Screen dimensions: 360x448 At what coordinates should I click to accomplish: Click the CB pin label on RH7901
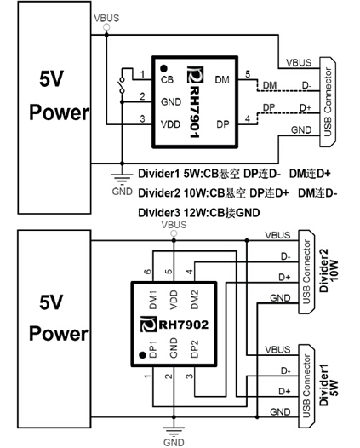point(167,79)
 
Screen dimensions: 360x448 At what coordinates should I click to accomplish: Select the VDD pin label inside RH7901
point(170,124)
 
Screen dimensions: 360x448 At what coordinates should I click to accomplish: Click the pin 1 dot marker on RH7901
point(163,68)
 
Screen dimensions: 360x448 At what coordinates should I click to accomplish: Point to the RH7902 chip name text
point(183,325)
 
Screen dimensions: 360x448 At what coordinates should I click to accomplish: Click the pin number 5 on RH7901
point(248,74)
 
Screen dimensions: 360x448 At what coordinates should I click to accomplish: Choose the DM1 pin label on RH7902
point(153,300)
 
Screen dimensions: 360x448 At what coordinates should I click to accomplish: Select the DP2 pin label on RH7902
point(194,348)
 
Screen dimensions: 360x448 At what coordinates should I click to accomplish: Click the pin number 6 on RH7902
point(147,271)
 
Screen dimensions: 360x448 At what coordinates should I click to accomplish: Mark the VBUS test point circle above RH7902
point(174,233)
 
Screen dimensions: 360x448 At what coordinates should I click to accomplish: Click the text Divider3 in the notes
point(159,213)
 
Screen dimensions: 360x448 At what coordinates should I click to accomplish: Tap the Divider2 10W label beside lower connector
point(329,271)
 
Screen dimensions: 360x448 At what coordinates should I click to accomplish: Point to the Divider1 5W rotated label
point(329,385)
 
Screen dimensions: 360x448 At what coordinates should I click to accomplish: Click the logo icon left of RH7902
point(148,324)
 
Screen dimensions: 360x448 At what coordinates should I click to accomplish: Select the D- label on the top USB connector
point(307,85)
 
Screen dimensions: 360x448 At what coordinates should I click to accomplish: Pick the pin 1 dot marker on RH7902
point(142,355)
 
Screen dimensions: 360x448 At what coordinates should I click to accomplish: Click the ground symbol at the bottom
point(174,431)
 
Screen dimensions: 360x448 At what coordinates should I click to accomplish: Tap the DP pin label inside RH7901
point(223,124)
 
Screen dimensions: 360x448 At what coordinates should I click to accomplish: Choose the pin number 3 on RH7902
point(190,376)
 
